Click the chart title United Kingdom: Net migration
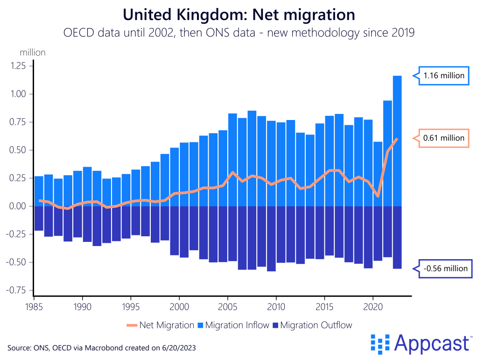tap(239, 14)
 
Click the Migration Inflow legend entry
tap(233, 325)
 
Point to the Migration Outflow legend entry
tap(312, 325)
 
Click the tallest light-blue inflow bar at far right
tap(397, 140)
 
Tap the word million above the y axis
tap(33, 52)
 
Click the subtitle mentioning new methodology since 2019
tap(239, 33)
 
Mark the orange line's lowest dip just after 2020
tap(378, 196)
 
